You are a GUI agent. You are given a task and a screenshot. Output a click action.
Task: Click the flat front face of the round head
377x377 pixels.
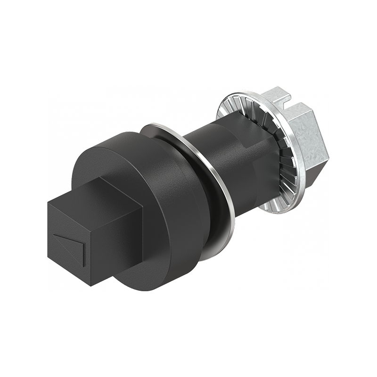(x=99, y=156)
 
